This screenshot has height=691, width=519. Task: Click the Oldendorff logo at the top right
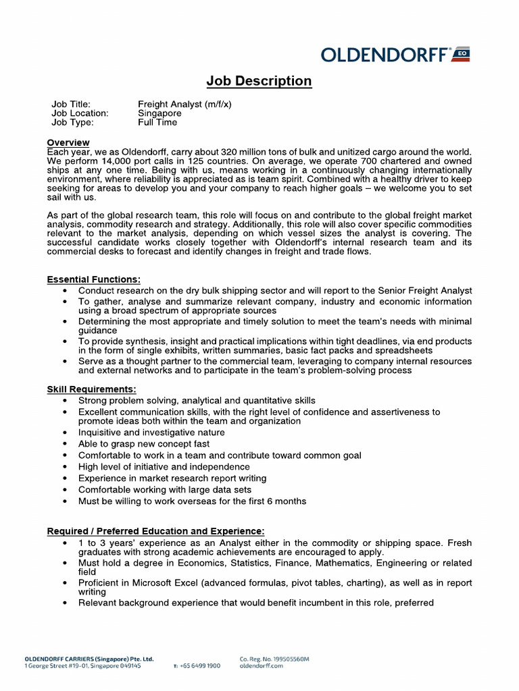(x=395, y=55)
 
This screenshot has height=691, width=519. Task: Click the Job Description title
(x=259, y=81)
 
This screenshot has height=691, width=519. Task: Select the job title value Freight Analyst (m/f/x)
(x=184, y=104)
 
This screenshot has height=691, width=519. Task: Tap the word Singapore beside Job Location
(x=159, y=113)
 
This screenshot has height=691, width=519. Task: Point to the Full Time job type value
(x=157, y=122)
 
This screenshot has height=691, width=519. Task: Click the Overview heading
(x=68, y=142)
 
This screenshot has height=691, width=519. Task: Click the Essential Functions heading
(x=94, y=279)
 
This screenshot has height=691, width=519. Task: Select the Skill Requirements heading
(x=91, y=389)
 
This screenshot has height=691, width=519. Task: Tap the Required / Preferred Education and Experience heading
(x=155, y=531)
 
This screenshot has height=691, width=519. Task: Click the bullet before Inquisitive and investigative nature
(x=64, y=433)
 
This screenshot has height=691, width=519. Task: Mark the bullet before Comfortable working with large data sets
(x=64, y=490)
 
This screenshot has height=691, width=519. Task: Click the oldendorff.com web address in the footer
(x=262, y=665)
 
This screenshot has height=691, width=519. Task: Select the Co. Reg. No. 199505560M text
(x=274, y=659)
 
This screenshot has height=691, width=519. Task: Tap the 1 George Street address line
(x=82, y=665)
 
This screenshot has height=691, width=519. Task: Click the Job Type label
(x=72, y=122)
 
